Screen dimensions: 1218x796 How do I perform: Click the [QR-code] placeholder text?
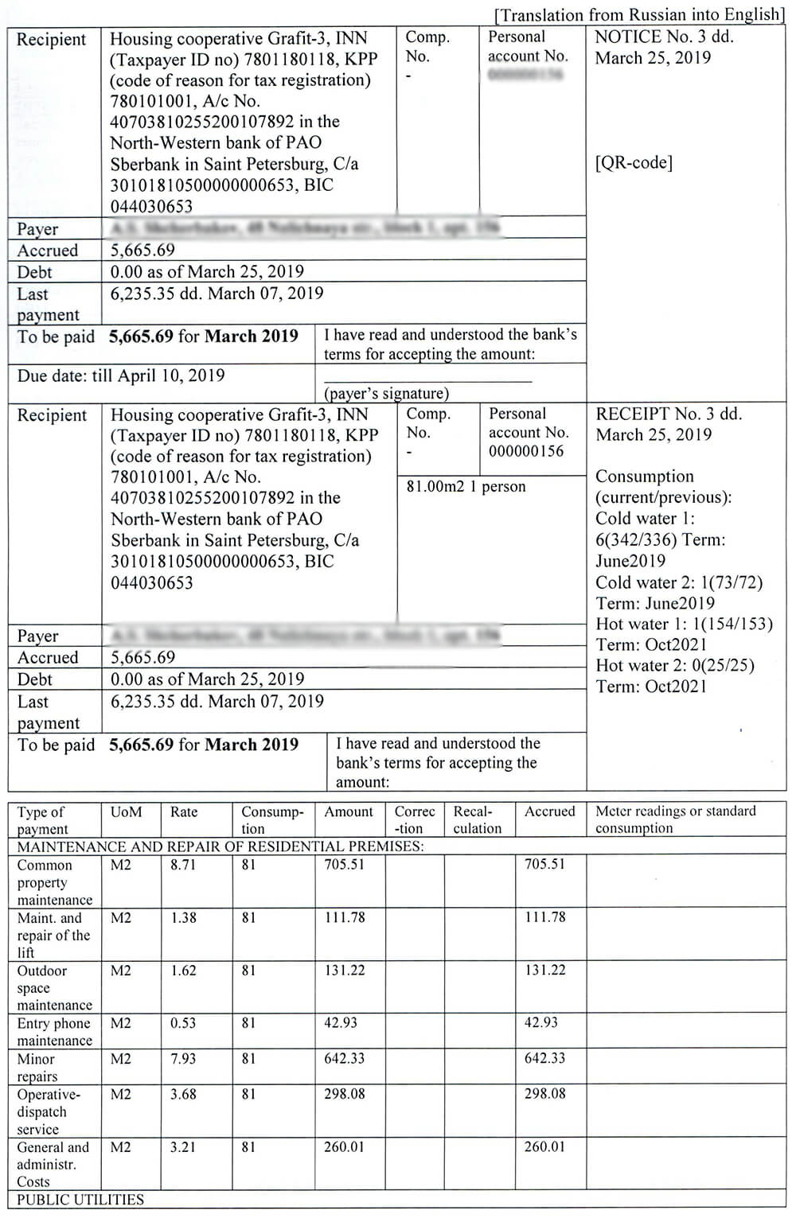coord(634,163)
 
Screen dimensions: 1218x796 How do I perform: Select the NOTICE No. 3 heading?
coord(664,37)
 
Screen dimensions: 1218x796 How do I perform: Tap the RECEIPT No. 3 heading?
coord(669,414)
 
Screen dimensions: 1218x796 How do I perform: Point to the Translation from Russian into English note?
coord(639,15)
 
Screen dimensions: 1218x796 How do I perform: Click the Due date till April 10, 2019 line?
coord(121,376)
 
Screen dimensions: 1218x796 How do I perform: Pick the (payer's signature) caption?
coord(386,393)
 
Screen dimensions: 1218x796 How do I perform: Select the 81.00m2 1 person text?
coord(466,486)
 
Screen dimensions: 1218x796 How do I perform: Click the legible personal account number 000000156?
coord(526,451)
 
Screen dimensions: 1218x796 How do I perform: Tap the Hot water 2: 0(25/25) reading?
coord(675,665)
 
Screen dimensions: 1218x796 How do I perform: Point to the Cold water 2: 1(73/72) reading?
coord(679,582)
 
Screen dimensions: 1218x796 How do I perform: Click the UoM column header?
coord(126,812)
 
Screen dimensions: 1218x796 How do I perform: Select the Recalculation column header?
coord(477,819)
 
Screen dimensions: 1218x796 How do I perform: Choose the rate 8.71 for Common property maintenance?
coord(183,865)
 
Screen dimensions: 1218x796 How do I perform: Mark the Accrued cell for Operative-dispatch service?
coord(544,1094)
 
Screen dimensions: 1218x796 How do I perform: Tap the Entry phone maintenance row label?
coord(54,1032)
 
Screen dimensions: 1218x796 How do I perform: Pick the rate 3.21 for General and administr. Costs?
coord(183,1147)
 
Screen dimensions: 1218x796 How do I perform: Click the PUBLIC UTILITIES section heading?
coord(80,1200)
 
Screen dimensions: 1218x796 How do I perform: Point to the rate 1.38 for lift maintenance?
coord(183,917)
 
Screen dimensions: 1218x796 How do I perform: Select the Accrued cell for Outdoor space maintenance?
coord(544,971)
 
